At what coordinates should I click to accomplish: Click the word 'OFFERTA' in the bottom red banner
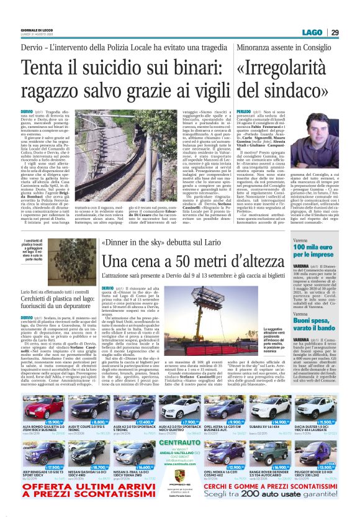pyautogui.click(x=38, y=489)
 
